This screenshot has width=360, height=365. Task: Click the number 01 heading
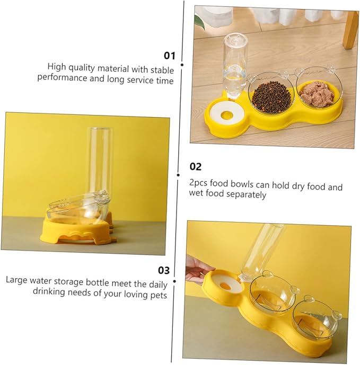(x=170, y=56)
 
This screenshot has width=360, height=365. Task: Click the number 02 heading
(x=196, y=167)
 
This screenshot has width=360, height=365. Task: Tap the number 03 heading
(x=164, y=270)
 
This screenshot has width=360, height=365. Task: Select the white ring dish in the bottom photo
(x=224, y=284)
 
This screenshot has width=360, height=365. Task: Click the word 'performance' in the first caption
(x=62, y=77)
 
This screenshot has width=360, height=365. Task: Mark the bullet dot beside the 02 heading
(x=178, y=175)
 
